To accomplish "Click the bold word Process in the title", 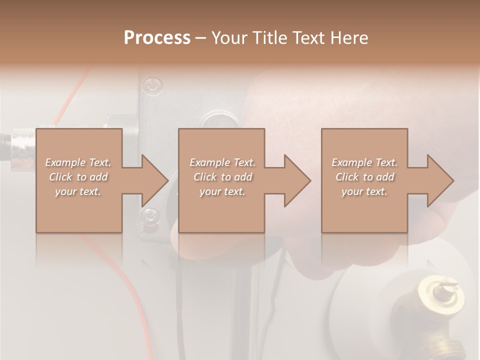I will tap(157, 38).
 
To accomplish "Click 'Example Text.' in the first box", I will tap(78, 162).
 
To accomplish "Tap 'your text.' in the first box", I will tap(78, 191).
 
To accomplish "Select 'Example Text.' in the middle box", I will tap(222, 162).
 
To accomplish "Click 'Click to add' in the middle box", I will tap(222, 177).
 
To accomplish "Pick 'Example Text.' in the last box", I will tap(364, 162).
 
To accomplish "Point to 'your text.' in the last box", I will tap(364, 191).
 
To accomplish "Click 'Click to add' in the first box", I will tap(78, 177).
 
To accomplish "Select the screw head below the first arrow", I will tap(148, 216).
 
